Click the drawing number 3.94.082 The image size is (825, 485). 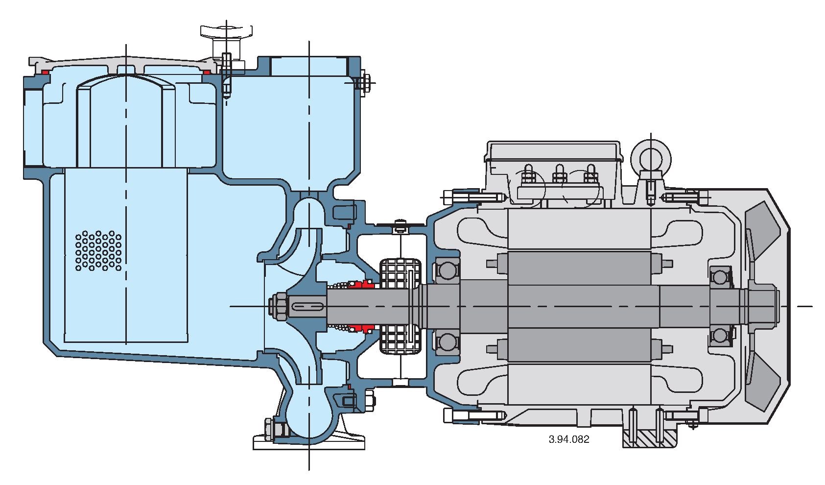point(568,439)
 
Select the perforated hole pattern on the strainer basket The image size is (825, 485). point(98,251)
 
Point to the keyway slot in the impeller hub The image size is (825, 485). point(308,307)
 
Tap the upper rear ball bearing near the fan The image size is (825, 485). point(720,277)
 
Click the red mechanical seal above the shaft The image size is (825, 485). point(361,284)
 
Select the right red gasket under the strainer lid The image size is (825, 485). point(207,73)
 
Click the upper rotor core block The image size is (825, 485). point(579,267)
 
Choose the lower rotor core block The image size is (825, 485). point(579,345)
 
